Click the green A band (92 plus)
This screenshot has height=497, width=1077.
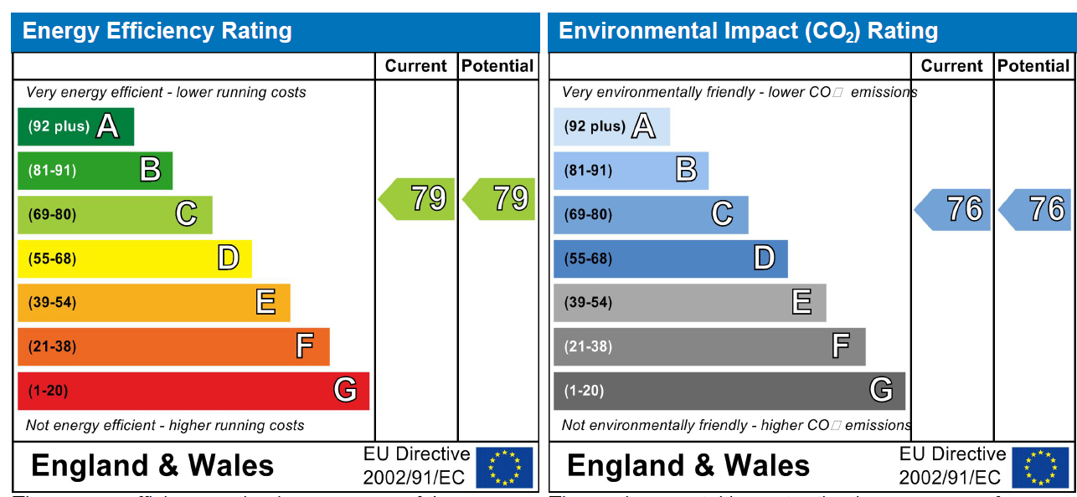[x=75, y=126]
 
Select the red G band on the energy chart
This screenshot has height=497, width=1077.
[x=193, y=391]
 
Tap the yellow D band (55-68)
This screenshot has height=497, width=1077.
[x=134, y=259]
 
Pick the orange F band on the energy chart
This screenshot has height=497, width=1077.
[x=173, y=346]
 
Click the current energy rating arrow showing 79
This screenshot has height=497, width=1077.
[x=418, y=199]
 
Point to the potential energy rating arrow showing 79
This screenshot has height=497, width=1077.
[x=500, y=199]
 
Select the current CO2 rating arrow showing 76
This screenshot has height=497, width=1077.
[x=953, y=209]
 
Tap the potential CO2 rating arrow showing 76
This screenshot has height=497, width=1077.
[x=1036, y=209]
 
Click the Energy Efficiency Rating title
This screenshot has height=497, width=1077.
[x=157, y=32]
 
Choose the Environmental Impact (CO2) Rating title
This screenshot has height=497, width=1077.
[x=748, y=32]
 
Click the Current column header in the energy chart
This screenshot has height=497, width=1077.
[x=416, y=66]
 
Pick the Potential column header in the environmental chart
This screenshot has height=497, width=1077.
[x=1033, y=66]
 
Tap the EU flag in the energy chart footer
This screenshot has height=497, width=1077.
[x=504, y=467]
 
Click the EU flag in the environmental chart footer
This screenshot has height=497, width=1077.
[x=1040, y=467]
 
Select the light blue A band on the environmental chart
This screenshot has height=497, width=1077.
[x=611, y=126]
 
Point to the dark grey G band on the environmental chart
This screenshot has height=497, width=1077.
[x=729, y=391]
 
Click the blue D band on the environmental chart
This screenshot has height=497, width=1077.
[x=670, y=259]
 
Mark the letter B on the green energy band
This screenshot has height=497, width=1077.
[x=150, y=171]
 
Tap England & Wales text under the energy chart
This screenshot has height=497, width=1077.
[x=152, y=465]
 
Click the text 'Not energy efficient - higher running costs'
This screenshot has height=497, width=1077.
[x=165, y=426]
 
